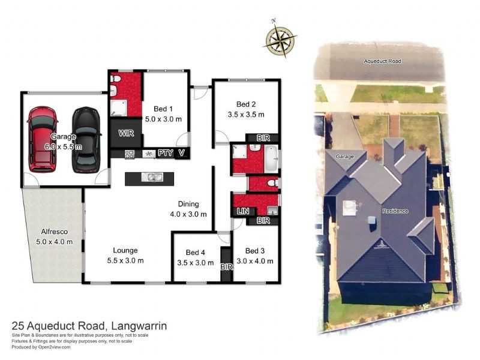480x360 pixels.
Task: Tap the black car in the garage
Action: [85, 139]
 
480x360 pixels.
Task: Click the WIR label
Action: [125, 133]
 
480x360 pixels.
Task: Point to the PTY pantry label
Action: [165, 154]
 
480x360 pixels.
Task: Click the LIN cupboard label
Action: [243, 211]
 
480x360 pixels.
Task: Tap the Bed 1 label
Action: [163, 109]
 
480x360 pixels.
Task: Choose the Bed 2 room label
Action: [246, 103]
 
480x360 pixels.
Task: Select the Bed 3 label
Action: [255, 250]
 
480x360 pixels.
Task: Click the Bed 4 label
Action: [196, 252]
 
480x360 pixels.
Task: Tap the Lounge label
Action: [125, 250]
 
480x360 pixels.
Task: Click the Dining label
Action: [188, 204]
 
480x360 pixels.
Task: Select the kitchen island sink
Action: [154, 177]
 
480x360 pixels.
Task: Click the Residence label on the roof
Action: [395, 211]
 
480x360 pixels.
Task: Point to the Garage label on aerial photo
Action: [344, 156]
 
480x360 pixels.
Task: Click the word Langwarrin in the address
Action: [138, 326]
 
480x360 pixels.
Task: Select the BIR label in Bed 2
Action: [263, 137]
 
